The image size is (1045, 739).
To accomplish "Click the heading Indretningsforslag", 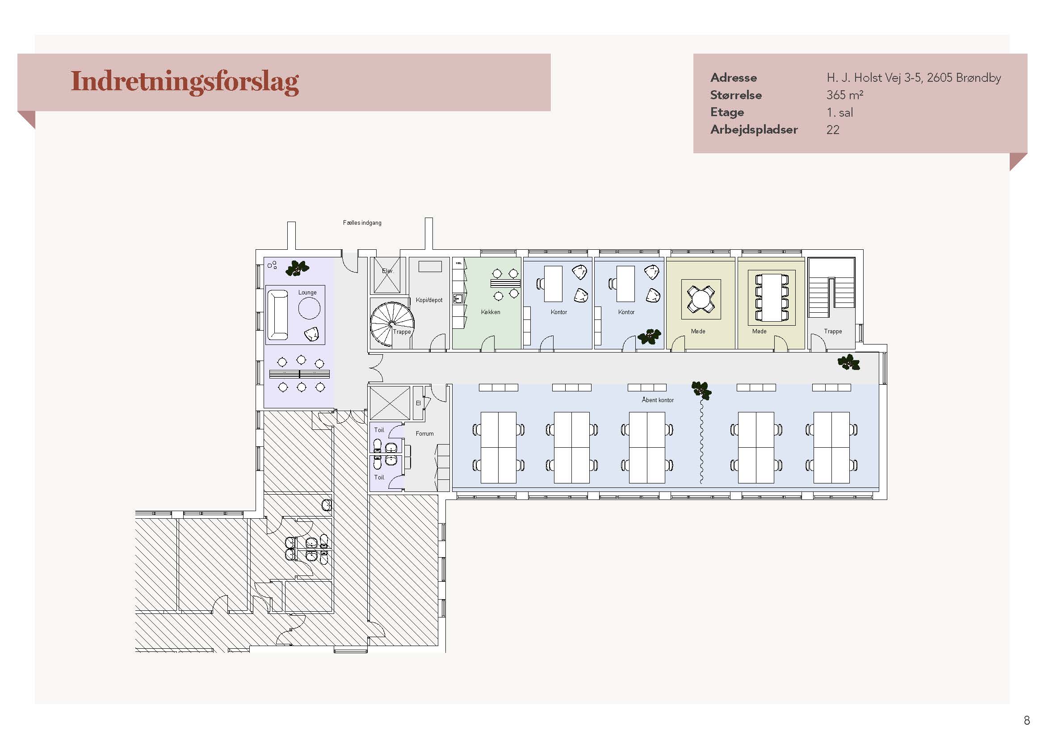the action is pos(185,82).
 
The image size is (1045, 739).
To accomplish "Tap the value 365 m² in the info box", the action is pos(845,95).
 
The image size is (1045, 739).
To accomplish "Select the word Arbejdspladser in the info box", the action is pos(754,130).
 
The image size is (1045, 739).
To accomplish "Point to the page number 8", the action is pos(1027,720).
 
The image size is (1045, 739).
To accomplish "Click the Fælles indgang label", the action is pos(362,223).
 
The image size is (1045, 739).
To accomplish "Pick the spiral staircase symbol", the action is pos(391,323).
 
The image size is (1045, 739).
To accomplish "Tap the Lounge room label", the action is pos(307,292).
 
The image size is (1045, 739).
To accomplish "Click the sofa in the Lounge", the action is pos(277,315).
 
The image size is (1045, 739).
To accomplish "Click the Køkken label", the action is pos(491,312).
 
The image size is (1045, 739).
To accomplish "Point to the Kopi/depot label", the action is pos(429,300).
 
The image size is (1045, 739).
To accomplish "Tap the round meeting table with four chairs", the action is pos(701,299).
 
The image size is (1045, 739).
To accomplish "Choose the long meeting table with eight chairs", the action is pos(772,298).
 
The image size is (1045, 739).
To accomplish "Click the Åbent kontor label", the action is pos(658,400).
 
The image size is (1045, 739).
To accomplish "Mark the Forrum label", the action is pos(424,434).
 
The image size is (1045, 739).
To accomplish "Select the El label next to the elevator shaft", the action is pos(418,403).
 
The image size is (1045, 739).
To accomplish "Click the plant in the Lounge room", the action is pos(297,268).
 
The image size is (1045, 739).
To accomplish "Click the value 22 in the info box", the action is pos(833,130).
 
